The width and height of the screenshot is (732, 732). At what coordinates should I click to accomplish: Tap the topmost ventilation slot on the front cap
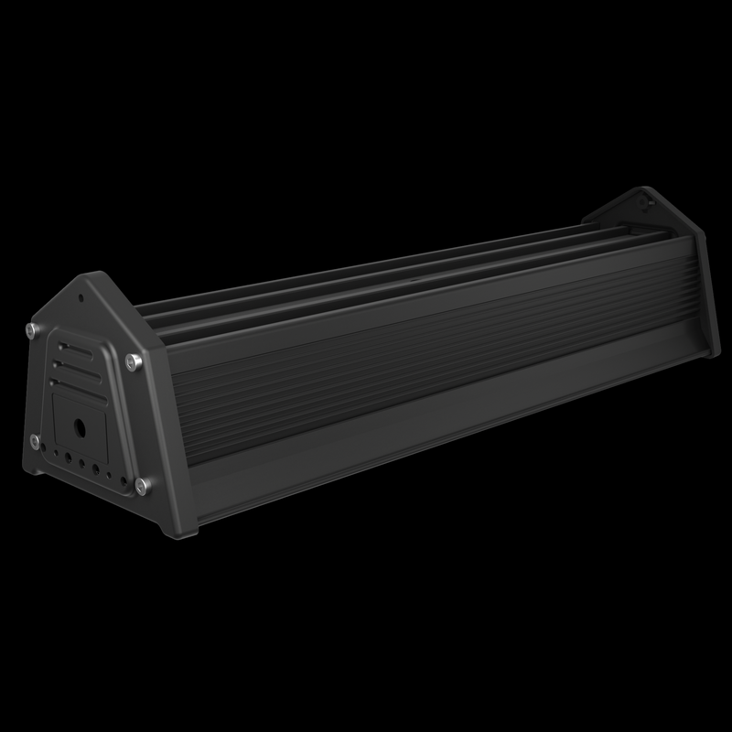[x=72, y=348]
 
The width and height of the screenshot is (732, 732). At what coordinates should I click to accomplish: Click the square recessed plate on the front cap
[x=78, y=425]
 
